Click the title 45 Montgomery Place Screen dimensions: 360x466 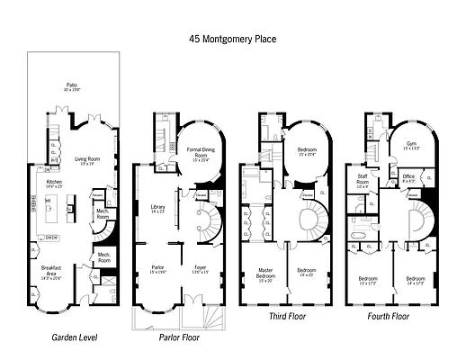[x=232, y=39]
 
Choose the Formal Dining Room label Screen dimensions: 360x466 [x=198, y=152]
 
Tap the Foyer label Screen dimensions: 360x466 [x=200, y=268]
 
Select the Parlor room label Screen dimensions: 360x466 [x=157, y=268]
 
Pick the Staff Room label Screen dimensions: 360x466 [x=364, y=177]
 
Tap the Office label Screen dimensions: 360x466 [x=408, y=177]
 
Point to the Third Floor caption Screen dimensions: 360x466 [x=290, y=317]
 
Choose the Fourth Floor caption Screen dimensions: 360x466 [x=389, y=317]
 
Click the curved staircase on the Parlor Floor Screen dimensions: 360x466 [x=210, y=220]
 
